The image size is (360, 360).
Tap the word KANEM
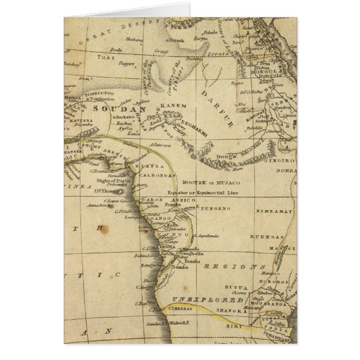169,105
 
